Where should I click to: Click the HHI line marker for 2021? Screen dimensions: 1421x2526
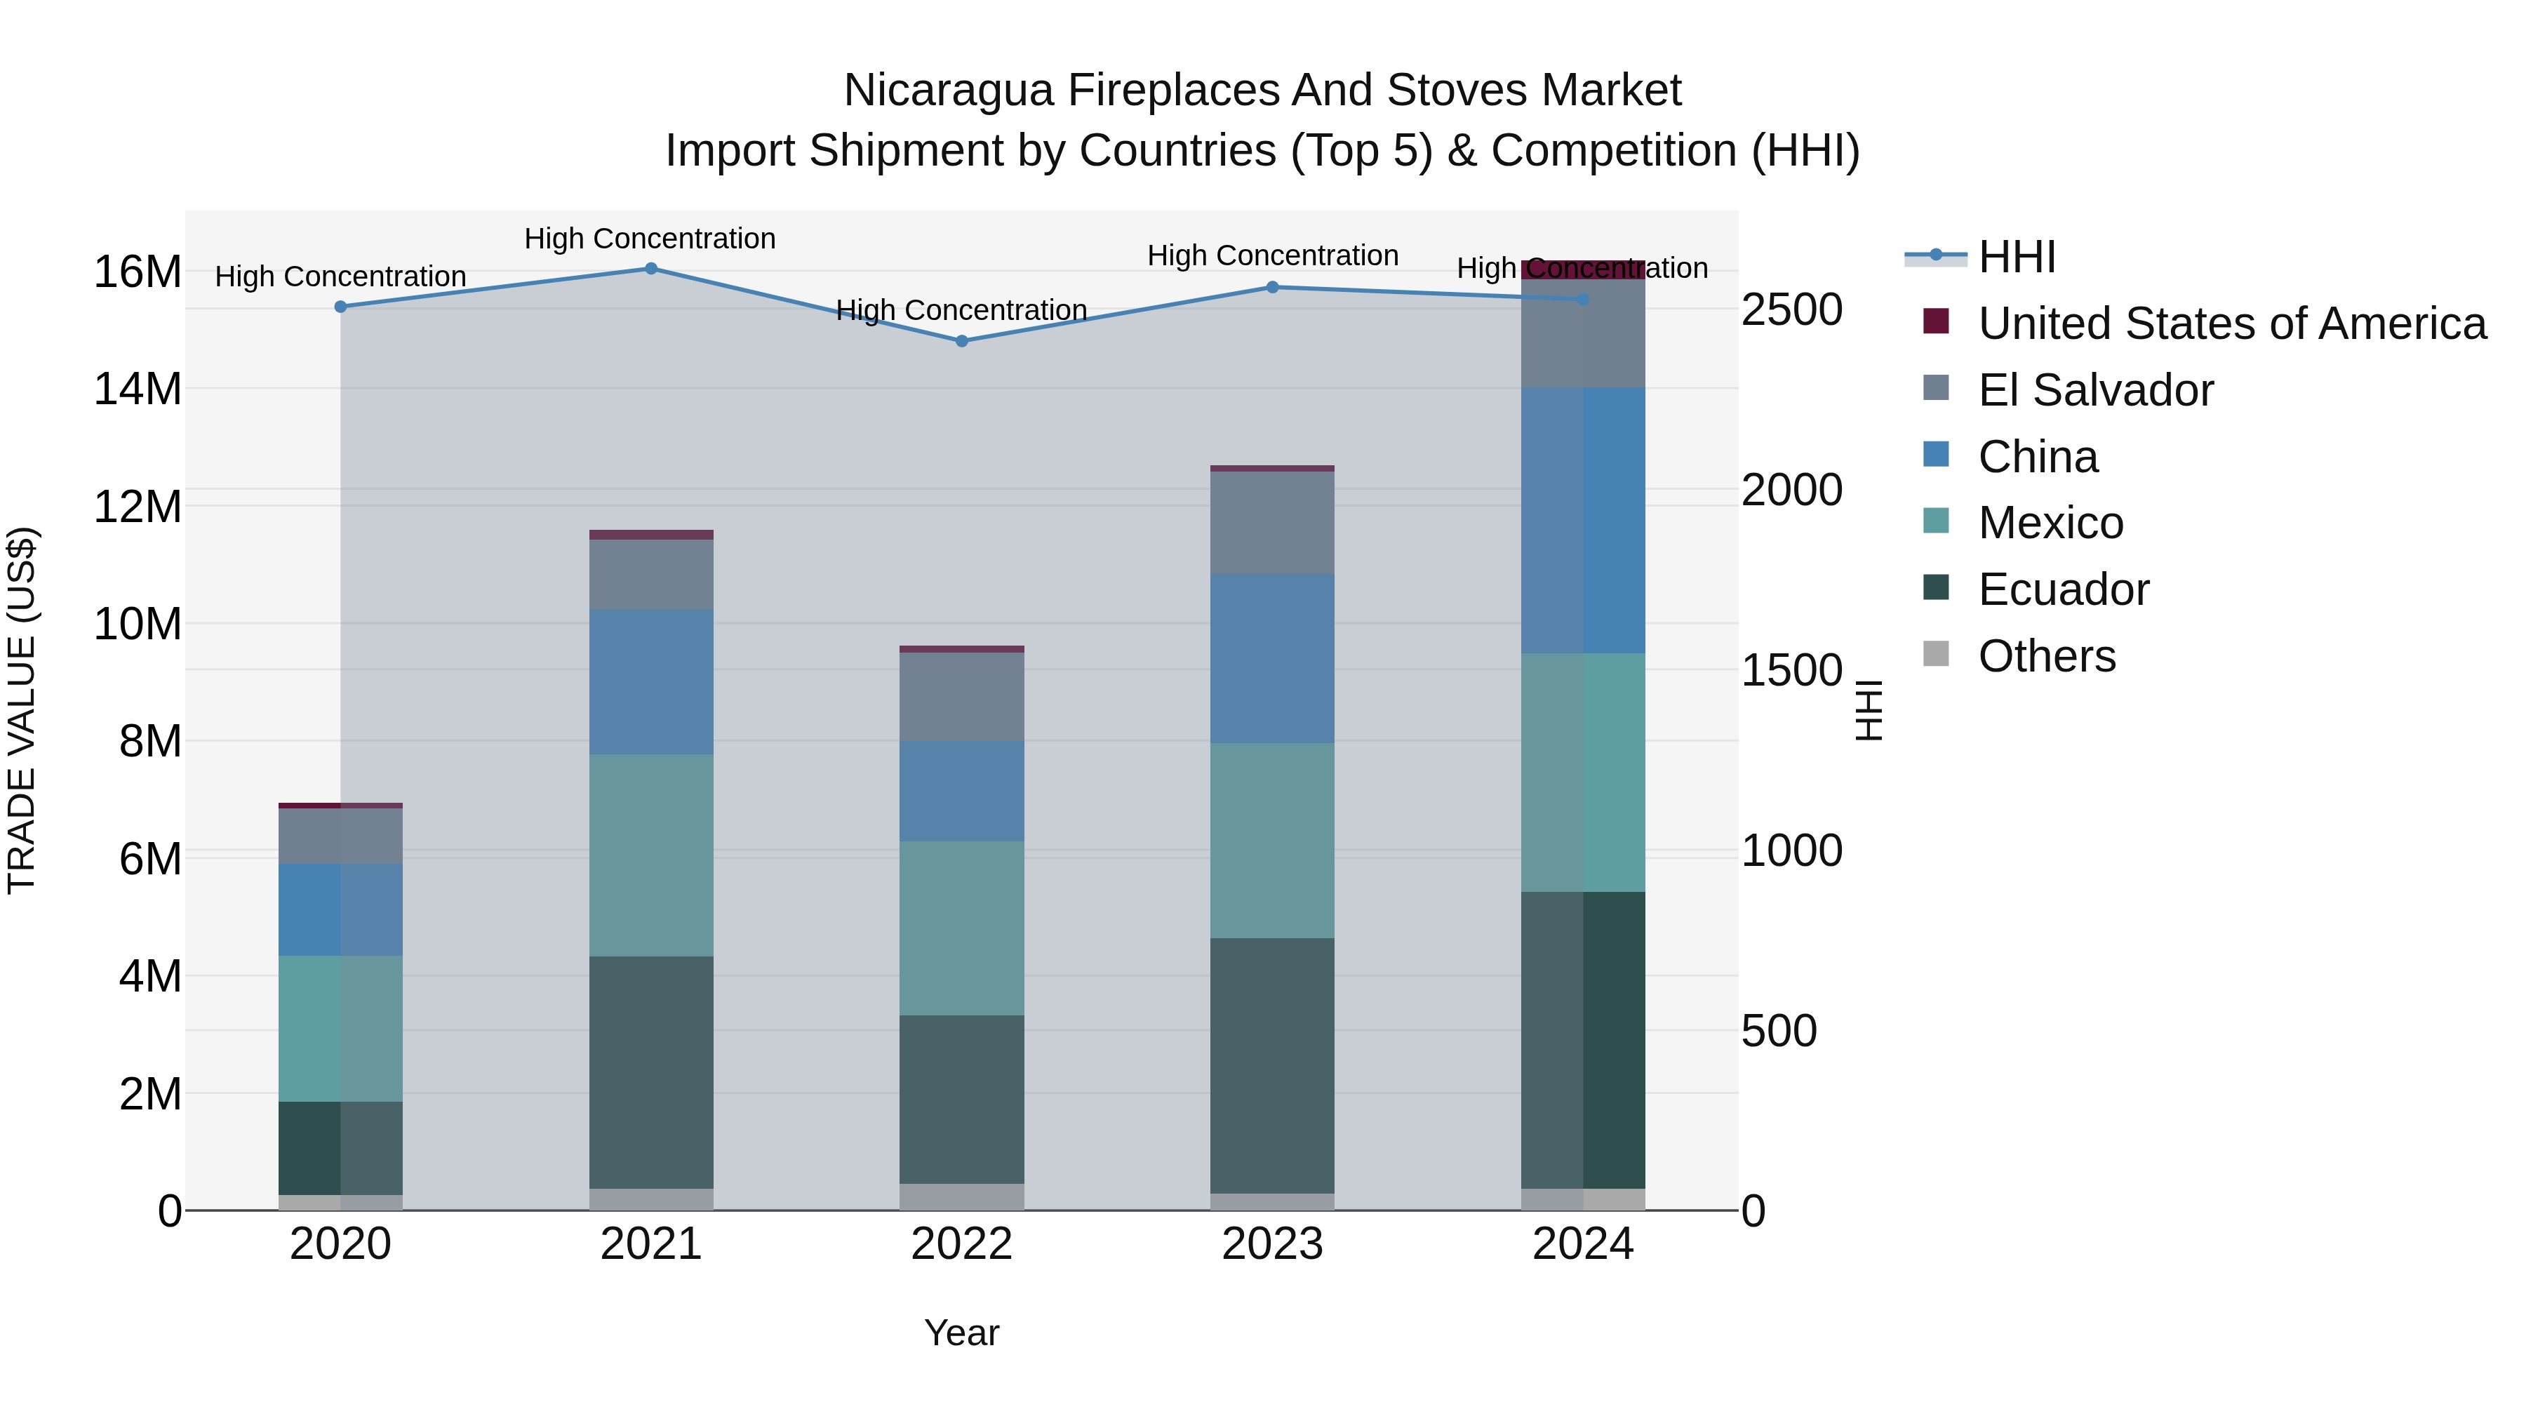click(651, 269)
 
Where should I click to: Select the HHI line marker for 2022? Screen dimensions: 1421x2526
click(962, 341)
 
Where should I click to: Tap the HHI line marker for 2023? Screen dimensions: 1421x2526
click(1273, 287)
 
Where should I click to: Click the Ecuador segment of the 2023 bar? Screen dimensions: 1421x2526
click(1273, 1065)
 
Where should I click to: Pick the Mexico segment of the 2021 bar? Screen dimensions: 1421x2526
click(651, 855)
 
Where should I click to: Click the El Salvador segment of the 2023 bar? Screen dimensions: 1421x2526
click(1273, 523)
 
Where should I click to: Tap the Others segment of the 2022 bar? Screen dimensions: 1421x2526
click(962, 1196)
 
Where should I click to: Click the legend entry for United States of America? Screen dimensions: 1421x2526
click(2231, 323)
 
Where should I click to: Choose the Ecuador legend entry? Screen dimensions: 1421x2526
click(2063, 589)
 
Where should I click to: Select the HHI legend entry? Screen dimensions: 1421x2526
click(2016, 257)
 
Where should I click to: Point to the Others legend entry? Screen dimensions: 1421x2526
click(2047, 656)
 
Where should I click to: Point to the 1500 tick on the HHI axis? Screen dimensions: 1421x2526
click(1791, 671)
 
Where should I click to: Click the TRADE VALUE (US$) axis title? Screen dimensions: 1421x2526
click(22, 710)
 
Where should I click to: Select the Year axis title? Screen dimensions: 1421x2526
click(962, 1333)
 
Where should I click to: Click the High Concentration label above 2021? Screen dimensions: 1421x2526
click(650, 239)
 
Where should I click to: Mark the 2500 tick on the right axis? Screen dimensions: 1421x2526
click(1791, 310)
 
